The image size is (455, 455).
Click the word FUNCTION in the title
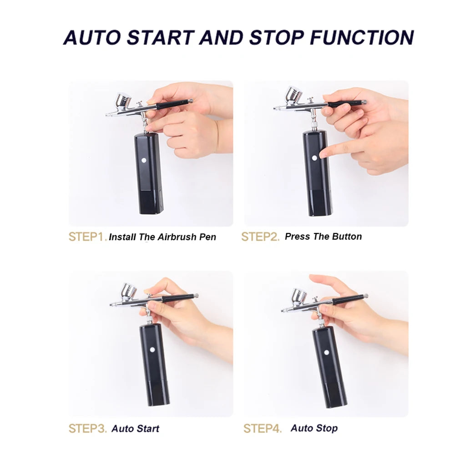(362, 37)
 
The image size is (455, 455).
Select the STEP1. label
(88, 237)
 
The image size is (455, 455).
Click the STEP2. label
(260, 237)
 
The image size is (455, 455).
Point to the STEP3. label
(88, 428)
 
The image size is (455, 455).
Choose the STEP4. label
(263, 428)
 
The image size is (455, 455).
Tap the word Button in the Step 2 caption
(347, 237)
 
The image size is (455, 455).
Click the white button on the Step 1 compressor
(144, 160)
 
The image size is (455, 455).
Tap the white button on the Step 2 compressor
(314, 158)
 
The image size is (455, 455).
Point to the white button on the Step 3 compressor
(152, 349)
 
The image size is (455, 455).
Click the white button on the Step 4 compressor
(326, 353)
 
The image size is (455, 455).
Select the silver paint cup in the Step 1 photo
(123, 101)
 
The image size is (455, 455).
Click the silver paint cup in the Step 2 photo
(293, 95)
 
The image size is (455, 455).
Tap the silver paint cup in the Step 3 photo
(129, 292)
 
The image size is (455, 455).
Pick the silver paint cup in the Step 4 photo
(298, 297)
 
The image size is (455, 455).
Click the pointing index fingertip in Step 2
(323, 154)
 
